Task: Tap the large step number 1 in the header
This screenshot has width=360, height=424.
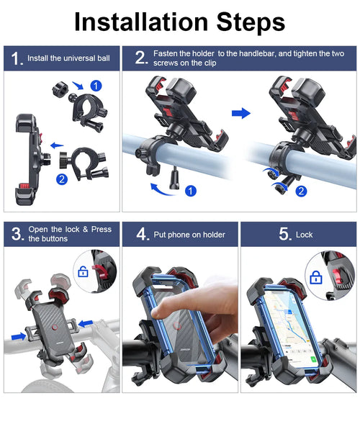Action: coord(15,58)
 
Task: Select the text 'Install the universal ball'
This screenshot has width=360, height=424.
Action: coord(69,58)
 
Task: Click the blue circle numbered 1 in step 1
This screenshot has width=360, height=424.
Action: coord(96,86)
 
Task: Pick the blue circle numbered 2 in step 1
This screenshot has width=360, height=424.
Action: coord(62,179)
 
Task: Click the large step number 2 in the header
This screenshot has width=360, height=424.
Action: coord(141,58)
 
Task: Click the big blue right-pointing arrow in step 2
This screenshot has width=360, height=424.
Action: coord(241,113)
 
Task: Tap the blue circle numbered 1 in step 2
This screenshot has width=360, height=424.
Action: coord(190,191)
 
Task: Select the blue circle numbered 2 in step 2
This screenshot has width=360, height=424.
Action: coord(300,191)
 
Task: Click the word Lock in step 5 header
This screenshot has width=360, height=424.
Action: coord(304,234)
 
